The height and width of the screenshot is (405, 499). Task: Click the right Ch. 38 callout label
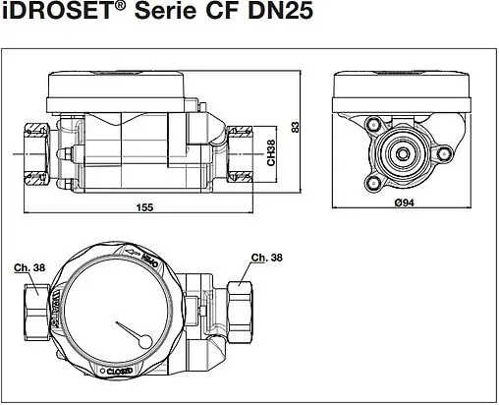260,259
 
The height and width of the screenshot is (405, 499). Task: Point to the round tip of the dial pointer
146,341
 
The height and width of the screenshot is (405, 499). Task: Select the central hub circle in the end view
403,153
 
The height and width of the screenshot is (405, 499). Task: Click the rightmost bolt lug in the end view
443,153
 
